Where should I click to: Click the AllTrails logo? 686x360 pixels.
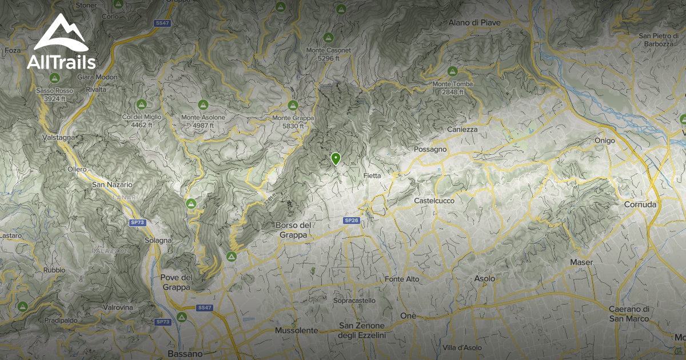60,43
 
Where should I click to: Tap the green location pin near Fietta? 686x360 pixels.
336,158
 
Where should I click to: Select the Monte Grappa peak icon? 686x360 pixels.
293,106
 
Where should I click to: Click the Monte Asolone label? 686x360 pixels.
203,118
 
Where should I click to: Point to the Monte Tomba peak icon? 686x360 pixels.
452,72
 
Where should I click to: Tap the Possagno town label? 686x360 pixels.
430,150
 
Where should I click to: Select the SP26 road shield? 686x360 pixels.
351,220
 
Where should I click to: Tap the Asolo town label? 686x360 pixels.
485,278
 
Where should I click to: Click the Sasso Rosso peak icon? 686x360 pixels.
55,78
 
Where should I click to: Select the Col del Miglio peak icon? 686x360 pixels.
141,105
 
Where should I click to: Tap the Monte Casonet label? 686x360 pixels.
328,50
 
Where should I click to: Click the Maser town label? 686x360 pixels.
581,262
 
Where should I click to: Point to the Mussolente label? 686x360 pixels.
296,330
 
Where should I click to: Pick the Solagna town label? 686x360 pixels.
158,241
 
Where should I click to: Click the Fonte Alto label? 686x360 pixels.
402,279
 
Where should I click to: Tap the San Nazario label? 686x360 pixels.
112,185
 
